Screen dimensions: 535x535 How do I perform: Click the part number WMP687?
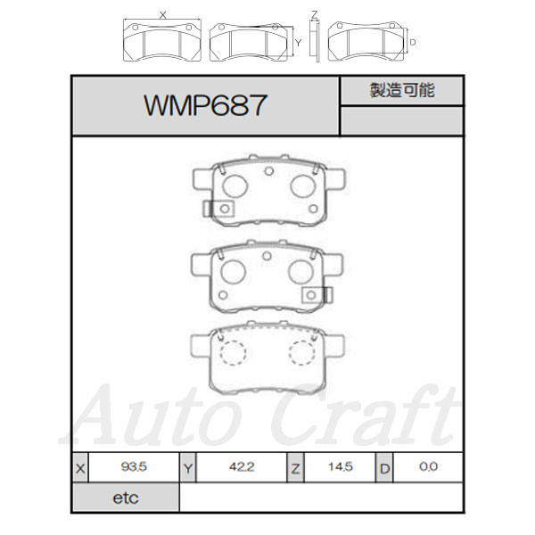coord(205,105)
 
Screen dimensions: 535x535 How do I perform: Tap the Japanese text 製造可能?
coord(402,90)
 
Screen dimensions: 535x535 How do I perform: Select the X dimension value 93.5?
coord(134,466)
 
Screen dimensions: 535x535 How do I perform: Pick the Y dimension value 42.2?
coord(242,466)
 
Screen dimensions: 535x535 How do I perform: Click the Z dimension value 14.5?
coord(341,466)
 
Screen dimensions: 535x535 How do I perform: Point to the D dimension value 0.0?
coord(428,466)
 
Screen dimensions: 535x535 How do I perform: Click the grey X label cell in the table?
coord(80,468)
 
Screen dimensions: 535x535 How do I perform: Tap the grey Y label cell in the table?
coord(188,468)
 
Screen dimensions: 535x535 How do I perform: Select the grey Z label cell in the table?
coord(295,468)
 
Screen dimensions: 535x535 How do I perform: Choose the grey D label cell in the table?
coord(384,468)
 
